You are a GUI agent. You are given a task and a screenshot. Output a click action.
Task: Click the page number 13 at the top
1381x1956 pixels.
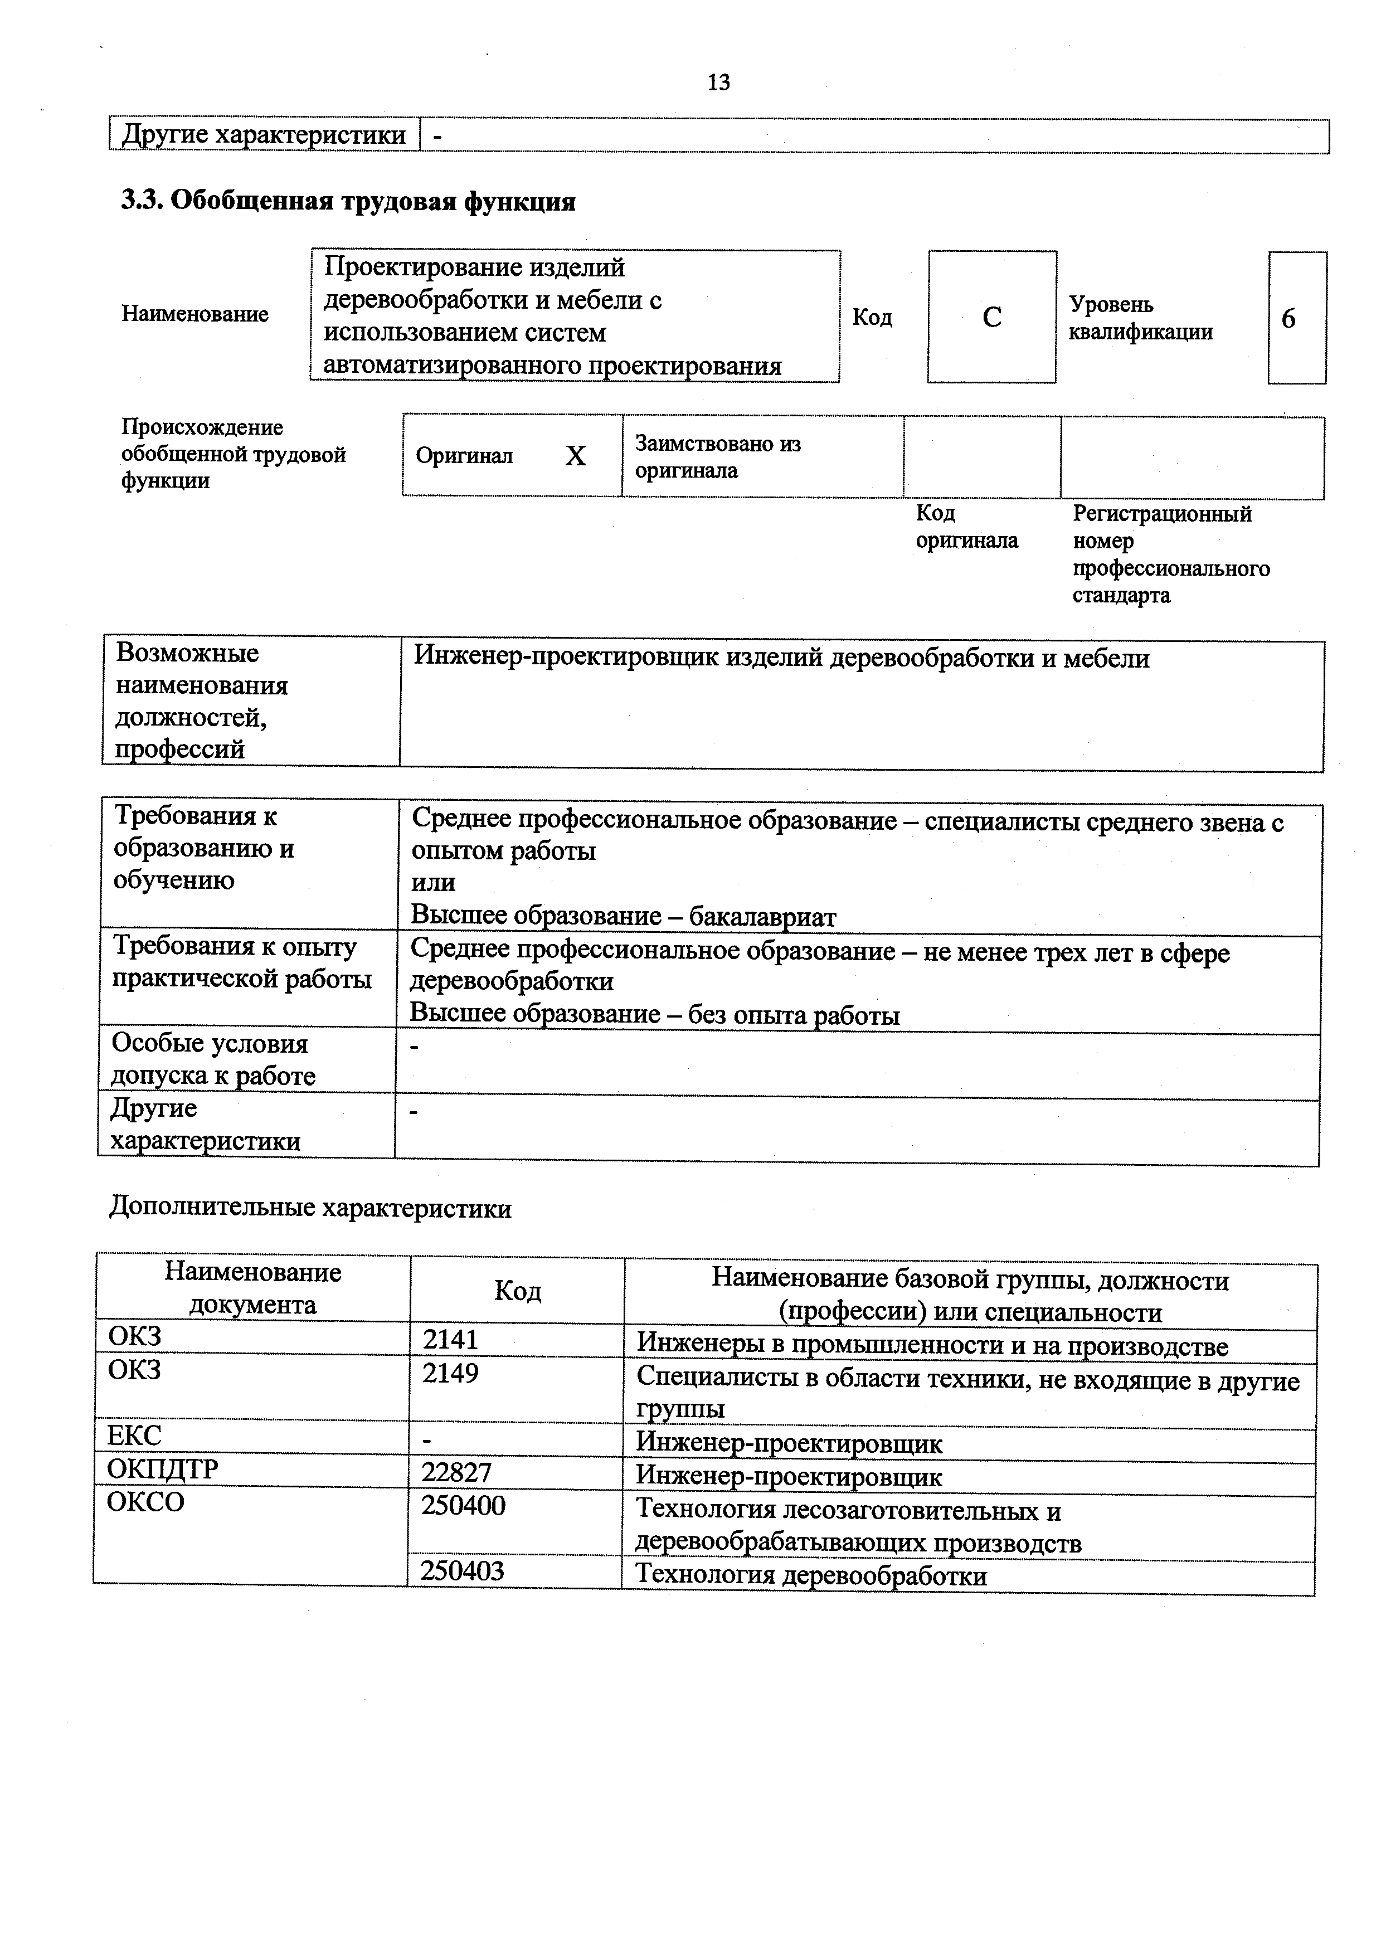718,82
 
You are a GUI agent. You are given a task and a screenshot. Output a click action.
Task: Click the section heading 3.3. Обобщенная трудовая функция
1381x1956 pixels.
348,202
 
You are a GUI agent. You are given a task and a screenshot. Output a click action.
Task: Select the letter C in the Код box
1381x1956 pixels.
991,318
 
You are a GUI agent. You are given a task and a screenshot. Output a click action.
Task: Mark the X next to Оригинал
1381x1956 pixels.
576,456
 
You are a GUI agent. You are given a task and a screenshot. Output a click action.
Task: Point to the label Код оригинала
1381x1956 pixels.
966,527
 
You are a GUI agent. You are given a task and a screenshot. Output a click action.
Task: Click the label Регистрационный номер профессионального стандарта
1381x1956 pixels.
1170,554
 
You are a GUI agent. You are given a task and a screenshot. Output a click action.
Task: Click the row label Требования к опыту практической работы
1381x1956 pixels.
242,962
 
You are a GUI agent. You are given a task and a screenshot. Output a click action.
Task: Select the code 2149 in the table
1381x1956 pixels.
451,1373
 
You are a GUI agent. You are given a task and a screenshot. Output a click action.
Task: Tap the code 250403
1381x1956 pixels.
463,1570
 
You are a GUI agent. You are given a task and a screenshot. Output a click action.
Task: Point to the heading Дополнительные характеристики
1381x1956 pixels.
310,1209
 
